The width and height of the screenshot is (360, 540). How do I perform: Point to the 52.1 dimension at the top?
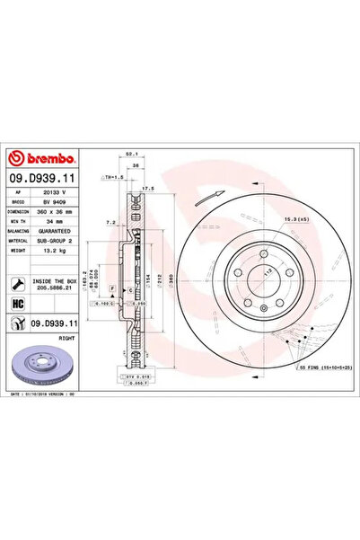click(131, 154)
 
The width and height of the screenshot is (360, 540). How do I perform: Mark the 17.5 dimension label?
click(149, 188)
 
